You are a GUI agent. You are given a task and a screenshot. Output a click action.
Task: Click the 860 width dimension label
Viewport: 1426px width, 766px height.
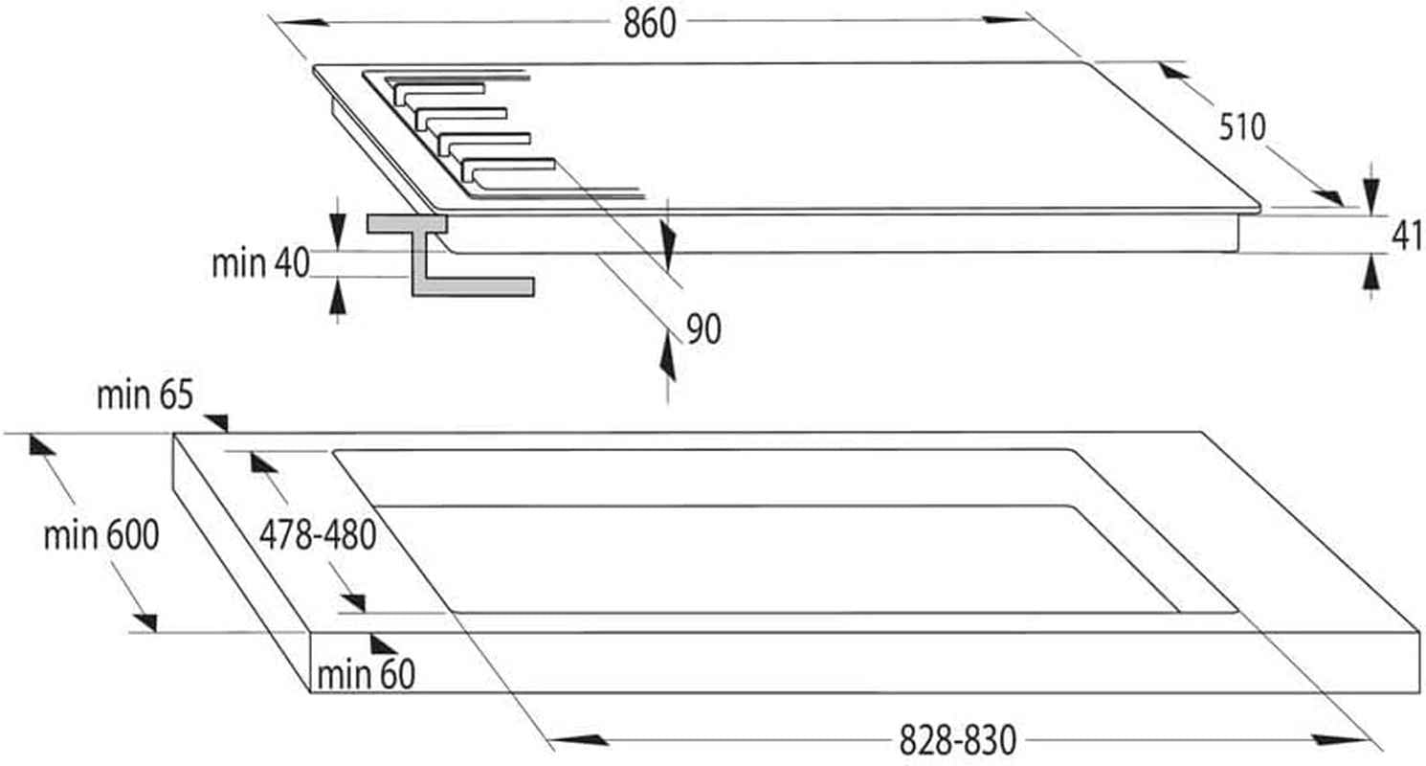[649, 24]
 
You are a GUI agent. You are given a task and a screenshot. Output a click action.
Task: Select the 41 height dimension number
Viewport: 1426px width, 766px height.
[1407, 236]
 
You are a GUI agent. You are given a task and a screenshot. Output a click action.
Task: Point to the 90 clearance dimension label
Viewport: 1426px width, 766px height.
[703, 329]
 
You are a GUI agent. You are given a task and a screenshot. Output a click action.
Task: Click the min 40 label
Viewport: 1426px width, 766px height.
[260, 263]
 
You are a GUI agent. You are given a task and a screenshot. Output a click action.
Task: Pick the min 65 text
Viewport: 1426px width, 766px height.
[145, 394]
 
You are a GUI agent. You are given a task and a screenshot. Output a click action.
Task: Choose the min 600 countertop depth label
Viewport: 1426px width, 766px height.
[101, 535]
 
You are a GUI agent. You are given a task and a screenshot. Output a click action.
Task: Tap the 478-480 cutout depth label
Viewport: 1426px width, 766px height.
[317, 535]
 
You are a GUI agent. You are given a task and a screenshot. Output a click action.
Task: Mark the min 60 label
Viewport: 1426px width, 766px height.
[366, 674]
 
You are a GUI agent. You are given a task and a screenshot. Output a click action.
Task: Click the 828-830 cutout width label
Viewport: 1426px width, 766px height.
[957, 740]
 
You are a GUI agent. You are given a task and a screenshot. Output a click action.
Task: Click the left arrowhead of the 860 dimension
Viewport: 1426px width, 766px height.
[302, 22]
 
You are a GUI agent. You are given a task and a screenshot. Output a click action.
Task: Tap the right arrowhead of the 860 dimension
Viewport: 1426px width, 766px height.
[1007, 19]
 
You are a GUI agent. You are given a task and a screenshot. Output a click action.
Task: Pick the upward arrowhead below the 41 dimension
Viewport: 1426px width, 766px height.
[1370, 274]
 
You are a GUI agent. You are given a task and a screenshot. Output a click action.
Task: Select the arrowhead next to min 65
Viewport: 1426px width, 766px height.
[217, 421]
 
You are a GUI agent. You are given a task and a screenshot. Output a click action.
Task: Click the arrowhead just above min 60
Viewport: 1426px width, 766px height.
[382, 644]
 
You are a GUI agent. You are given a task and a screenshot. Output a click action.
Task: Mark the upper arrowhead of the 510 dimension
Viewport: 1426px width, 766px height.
[1173, 70]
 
